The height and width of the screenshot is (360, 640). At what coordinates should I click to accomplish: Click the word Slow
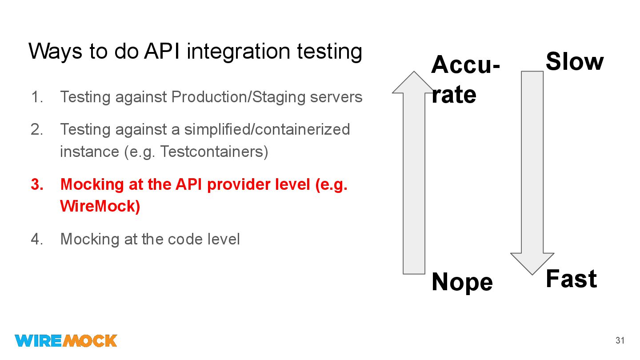pyautogui.click(x=574, y=62)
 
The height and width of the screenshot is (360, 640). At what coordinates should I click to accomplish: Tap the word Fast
pyautogui.click(x=571, y=279)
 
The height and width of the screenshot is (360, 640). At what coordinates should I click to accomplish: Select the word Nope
pyautogui.click(x=462, y=282)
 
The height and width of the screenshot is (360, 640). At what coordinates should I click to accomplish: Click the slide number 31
pyautogui.click(x=620, y=341)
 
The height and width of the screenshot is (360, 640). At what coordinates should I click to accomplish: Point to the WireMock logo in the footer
pyautogui.click(x=66, y=340)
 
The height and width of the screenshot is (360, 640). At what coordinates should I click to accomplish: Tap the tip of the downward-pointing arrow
pyautogui.click(x=532, y=273)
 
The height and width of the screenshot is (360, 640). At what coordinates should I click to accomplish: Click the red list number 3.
pyautogui.click(x=37, y=184)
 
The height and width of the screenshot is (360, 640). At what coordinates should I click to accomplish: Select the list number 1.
pyautogui.click(x=37, y=97)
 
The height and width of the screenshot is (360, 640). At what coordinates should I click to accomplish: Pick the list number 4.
pyautogui.click(x=37, y=239)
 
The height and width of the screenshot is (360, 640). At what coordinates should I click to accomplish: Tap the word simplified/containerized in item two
pyautogui.click(x=267, y=129)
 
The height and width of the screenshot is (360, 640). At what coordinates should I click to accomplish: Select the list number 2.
pyautogui.click(x=37, y=129)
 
